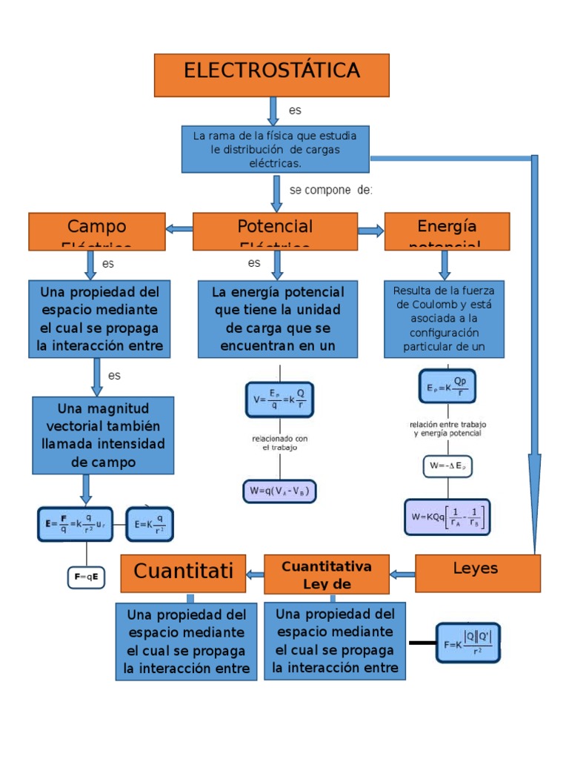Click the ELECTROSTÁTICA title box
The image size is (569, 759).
[271, 75]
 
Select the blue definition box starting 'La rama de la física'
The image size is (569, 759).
[275, 149]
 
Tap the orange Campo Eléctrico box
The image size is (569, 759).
[96, 231]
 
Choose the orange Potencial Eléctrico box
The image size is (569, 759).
[275, 231]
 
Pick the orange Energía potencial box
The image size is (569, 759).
[447, 231]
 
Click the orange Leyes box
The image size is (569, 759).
[477, 573]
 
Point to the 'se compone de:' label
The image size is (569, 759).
[330, 190]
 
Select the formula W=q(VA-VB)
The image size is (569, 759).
[279, 491]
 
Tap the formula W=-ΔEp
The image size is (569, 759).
[447, 466]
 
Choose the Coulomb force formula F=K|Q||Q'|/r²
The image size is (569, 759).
[468, 643]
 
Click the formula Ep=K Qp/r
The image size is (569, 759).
[447, 386]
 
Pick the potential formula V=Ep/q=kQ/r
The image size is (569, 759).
[279, 399]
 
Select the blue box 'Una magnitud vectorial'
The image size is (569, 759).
[103, 435]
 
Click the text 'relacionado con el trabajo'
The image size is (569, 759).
[279, 443]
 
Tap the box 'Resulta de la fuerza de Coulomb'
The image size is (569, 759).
[444, 319]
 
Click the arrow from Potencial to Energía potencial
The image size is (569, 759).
[370, 231]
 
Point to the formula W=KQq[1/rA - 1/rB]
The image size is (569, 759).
[447, 517]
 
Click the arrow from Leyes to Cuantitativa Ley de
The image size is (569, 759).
[402, 574]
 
